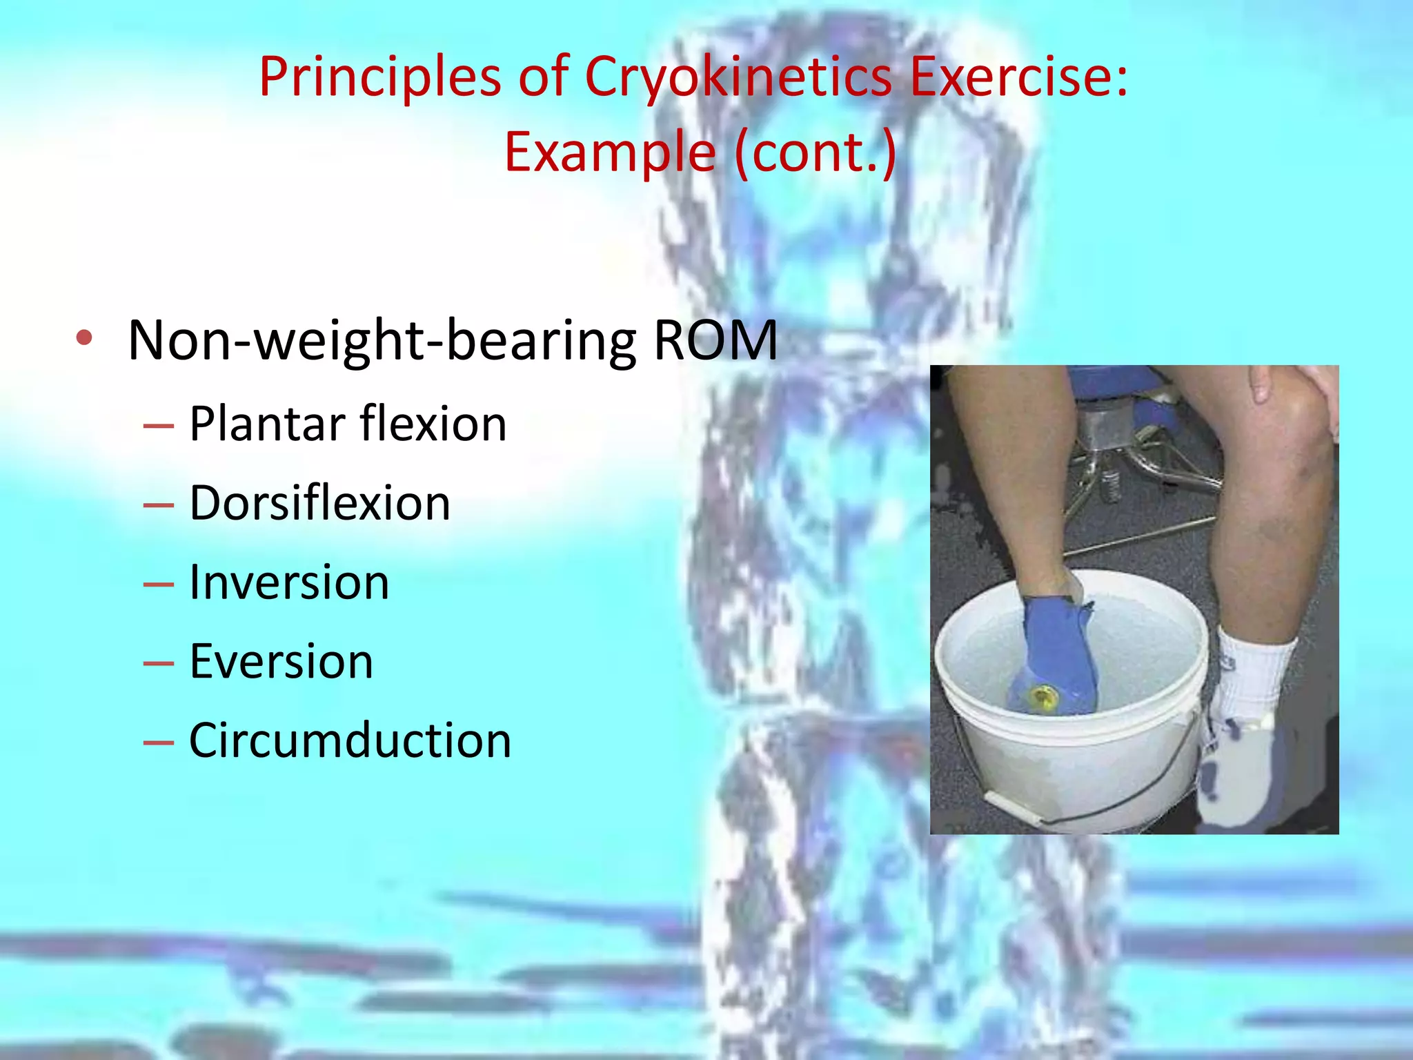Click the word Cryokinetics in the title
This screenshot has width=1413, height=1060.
click(738, 77)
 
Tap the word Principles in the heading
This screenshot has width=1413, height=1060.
click(379, 77)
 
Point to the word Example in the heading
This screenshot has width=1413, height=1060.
click(610, 152)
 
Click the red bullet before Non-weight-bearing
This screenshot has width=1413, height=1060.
click(84, 338)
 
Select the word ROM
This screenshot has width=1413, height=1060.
click(715, 340)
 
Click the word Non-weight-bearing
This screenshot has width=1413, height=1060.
click(382, 340)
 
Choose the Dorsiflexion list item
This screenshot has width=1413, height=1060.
click(319, 502)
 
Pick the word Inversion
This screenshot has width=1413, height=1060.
click(289, 582)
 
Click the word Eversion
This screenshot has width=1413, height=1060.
click(281, 661)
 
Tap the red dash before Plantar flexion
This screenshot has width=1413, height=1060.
click(158, 426)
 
